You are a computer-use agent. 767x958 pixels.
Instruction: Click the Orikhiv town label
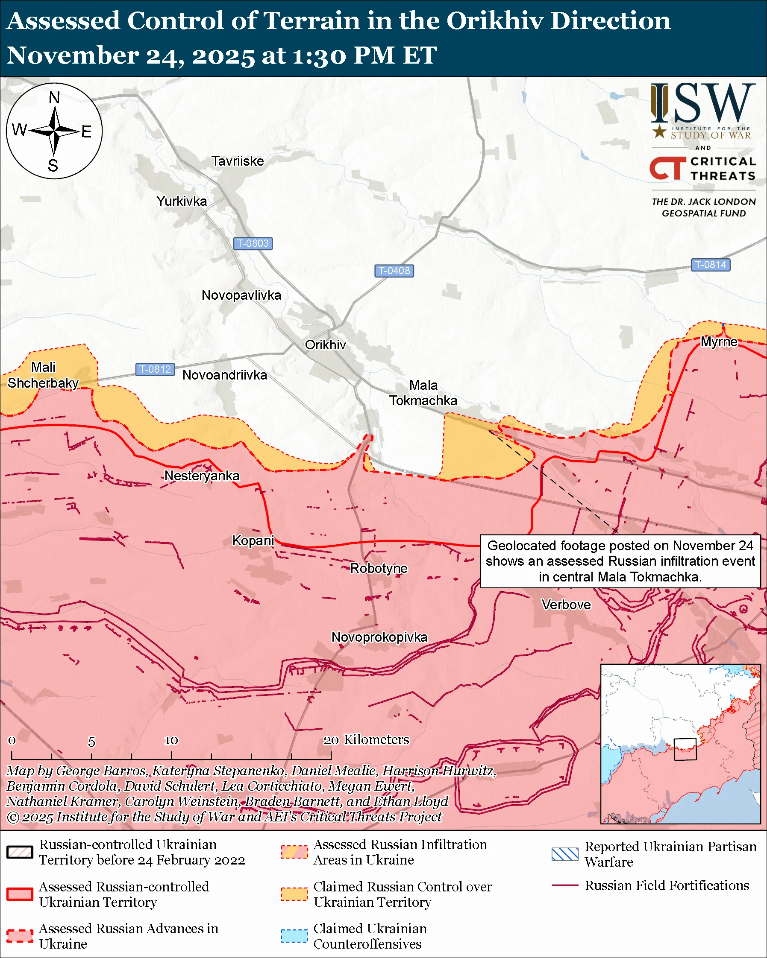tap(325, 345)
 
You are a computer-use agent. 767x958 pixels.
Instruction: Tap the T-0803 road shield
tap(253, 243)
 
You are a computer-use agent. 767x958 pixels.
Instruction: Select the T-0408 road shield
tap(394, 271)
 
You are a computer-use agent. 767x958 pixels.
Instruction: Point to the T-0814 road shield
tap(710, 265)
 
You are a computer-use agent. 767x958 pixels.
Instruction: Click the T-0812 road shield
tap(155, 369)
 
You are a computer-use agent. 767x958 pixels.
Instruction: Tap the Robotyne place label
tap(379, 568)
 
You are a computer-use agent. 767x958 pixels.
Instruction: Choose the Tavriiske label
tap(238, 161)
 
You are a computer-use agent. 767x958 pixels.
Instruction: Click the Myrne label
tap(719, 342)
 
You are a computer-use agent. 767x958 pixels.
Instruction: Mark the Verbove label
tap(566, 605)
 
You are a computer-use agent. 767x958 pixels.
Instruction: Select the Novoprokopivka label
tap(379, 637)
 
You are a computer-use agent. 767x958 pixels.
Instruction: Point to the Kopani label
tap(253, 541)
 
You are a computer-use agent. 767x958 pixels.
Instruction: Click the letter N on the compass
tap(54, 98)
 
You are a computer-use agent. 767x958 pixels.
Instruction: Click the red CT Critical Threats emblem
tap(667, 168)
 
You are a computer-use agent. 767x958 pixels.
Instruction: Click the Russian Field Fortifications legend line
tap(565, 886)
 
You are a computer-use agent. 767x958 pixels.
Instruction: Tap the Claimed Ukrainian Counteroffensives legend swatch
tap(294, 936)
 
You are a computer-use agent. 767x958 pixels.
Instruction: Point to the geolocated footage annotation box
tap(620, 561)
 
